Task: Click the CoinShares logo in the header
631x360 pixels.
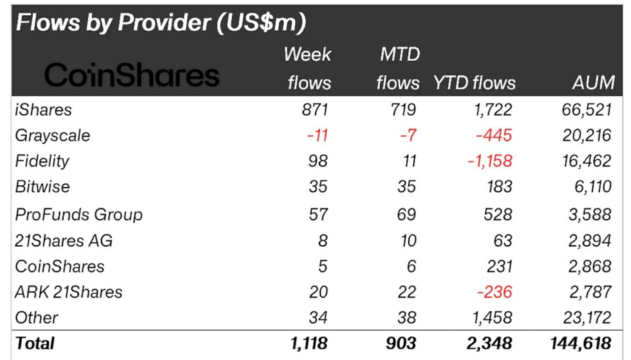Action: [132, 76]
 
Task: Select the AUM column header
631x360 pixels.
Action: [592, 83]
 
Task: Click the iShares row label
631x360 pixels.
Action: [43, 110]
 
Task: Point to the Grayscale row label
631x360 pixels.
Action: [52, 135]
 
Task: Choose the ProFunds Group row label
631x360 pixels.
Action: [79, 215]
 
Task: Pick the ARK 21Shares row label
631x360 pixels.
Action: [68, 292]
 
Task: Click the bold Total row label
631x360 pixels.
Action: [35, 343]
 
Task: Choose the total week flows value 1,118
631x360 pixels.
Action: [306, 343]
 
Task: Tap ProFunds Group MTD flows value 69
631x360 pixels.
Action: [406, 215]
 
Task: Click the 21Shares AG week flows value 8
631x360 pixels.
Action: [323, 240]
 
